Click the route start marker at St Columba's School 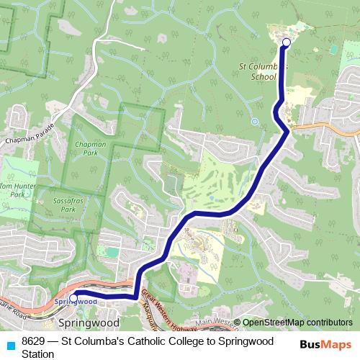point(286,42)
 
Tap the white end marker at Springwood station point(73,297)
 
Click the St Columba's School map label point(264,71)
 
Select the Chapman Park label point(90,148)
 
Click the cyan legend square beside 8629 point(10,345)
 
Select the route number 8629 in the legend point(35,341)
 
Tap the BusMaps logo point(323,345)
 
